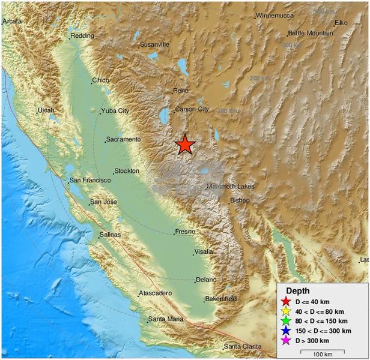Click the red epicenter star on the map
pos(185,145)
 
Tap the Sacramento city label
pos(123,139)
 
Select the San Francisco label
pos(90,180)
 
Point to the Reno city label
pos(181,91)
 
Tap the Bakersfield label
pos(220,298)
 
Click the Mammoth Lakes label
pos(231,187)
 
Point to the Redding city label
pos(82,36)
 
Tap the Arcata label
pos(12,21)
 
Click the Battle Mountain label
pos(311,33)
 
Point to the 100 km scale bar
pos(327,351)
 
